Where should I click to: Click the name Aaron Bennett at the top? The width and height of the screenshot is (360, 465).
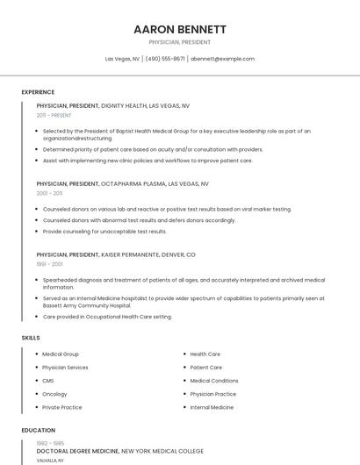click(x=180, y=29)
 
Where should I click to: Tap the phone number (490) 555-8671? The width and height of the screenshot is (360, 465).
click(x=165, y=59)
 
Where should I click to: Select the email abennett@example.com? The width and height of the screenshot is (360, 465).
click(x=222, y=59)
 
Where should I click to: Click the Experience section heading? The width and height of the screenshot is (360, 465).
click(x=38, y=92)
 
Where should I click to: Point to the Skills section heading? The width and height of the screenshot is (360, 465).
click(x=31, y=338)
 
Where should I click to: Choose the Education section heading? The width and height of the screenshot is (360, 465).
click(x=38, y=431)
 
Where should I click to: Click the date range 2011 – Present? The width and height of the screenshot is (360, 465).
click(x=54, y=115)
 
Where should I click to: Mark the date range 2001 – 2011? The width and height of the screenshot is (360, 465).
click(x=49, y=193)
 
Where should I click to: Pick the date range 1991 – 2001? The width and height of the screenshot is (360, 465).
click(x=49, y=263)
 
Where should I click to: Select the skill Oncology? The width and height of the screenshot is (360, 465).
click(x=54, y=394)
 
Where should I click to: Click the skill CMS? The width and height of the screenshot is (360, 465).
click(x=48, y=381)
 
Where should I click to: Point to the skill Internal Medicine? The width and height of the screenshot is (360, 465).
click(x=212, y=407)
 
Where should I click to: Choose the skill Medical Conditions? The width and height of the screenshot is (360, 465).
click(x=214, y=381)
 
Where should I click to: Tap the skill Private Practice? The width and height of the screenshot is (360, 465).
click(x=61, y=407)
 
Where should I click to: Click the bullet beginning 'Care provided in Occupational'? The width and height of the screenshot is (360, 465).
click(x=107, y=316)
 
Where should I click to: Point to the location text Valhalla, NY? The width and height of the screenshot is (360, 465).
click(x=49, y=460)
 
